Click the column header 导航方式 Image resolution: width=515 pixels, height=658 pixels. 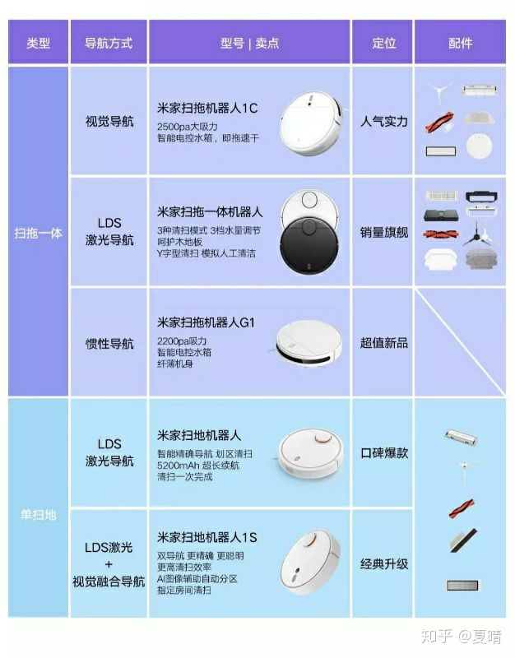[109, 43]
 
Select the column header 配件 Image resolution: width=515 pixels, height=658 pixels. [460, 43]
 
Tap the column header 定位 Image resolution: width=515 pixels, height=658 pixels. [384, 43]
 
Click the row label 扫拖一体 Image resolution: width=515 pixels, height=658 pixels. [38, 233]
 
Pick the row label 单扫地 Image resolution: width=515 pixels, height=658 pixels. [38, 515]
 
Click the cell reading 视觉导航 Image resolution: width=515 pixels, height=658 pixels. [109, 122]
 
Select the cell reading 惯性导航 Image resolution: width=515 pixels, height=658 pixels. [109, 344]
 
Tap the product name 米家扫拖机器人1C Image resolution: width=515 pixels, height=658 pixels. [207, 109]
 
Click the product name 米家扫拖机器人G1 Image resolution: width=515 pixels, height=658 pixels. [206, 322]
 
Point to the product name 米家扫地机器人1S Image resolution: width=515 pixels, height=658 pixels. [207, 538]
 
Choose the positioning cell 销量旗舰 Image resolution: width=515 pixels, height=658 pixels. [384, 232]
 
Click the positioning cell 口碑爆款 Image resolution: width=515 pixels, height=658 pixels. [384, 453]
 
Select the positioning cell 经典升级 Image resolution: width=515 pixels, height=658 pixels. [384, 563]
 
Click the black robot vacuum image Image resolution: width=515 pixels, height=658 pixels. [310, 246]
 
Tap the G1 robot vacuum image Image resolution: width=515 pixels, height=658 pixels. [309, 343]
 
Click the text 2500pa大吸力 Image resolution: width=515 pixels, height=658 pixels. [188, 127]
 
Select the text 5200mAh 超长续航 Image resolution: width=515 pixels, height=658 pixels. [198, 466]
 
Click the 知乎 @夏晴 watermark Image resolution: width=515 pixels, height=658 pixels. [461, 636]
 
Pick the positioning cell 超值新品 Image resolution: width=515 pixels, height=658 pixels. [384, 343]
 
